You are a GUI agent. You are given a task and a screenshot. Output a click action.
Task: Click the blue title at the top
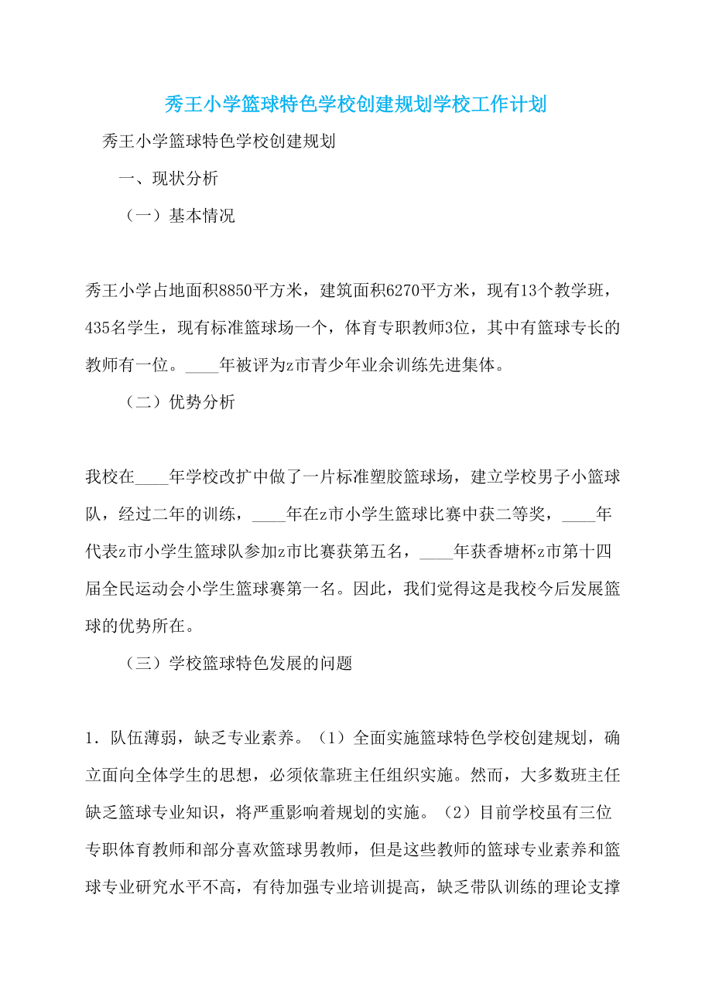coord(356,104)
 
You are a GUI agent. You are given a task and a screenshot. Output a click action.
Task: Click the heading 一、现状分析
coord(168,179)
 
